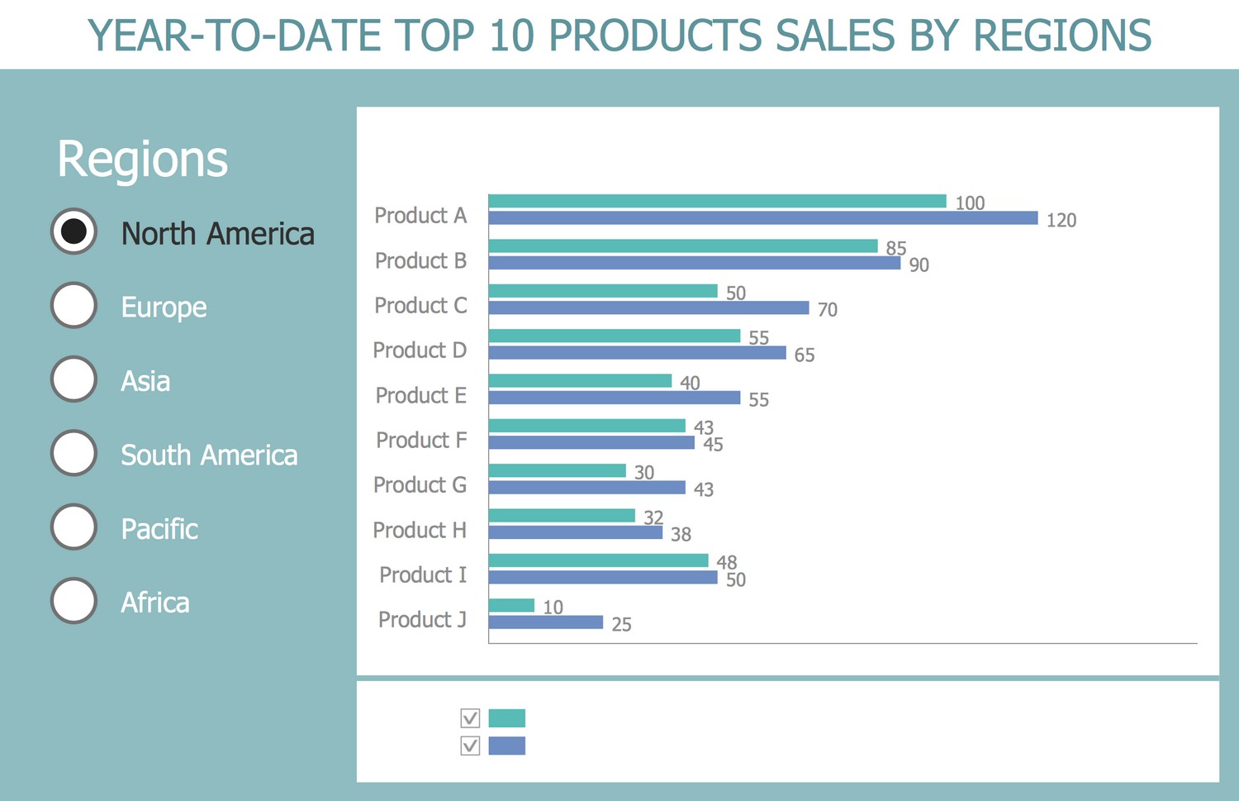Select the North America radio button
coord(74,231)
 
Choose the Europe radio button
coord(74,305)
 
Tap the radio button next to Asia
coord(74,379)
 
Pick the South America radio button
coord(74,453)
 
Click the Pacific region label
coord(159,529)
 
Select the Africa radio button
coord(74,600)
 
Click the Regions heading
coord(142,159)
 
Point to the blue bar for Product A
coord(762,218)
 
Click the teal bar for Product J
coord(511,605)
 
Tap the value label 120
coord(1061,221)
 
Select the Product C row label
coord(420,306)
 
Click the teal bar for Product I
coord(598,560)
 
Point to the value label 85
coord(896,248)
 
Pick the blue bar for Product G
coord(586,488)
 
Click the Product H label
coord(420,530)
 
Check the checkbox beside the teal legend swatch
coord(470,718)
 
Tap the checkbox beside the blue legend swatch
coord(470,746)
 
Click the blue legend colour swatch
coord(507,746)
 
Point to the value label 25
coord(621,625)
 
